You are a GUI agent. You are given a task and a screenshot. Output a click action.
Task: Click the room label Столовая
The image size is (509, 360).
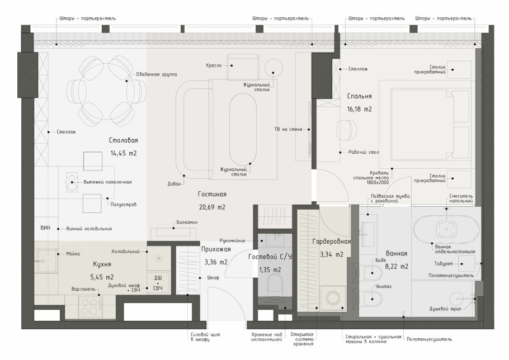(x=124, y=140)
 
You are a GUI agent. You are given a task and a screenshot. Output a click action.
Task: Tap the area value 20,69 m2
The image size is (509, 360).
(x=212, y=207)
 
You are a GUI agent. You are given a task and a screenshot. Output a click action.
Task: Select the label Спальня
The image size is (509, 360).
(x=359, y=96)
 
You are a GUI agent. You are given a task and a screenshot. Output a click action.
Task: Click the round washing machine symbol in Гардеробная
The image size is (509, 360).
(x=333, y=298)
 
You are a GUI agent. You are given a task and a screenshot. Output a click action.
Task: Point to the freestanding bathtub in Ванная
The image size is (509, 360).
(x=446, y=229)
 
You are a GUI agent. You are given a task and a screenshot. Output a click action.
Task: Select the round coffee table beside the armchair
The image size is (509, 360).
(x=274, y=68)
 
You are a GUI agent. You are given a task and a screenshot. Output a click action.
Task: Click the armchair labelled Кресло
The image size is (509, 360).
(x=243, y=67)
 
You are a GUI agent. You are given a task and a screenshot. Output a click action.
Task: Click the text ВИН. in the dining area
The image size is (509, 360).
(x=46, y=228)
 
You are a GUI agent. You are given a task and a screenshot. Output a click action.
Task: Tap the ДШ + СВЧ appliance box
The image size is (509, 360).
(x=158, y=283)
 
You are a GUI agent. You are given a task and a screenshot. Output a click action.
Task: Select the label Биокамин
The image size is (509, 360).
(x=187, y=222)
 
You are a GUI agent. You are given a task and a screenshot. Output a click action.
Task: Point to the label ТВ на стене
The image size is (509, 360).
(x=288, y=129)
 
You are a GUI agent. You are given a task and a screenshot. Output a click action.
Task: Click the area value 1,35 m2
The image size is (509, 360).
(x=270, y=270)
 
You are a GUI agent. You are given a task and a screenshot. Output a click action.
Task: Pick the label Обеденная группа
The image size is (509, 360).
(x=157, y=74)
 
